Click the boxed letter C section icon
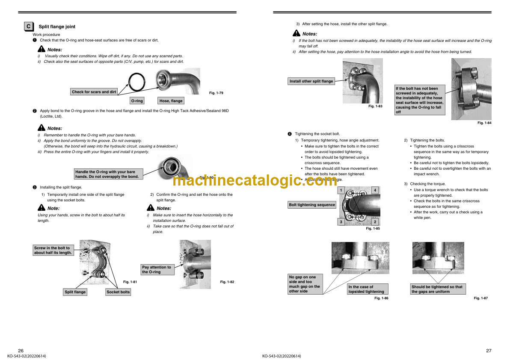(x=29, y=27)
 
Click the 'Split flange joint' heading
(x=57, y=27)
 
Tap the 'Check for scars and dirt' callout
(x=94, y=92)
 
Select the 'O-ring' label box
(x=137, y=101)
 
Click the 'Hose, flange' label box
(x=171, y=101)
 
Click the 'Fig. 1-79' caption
(x=216, y=93)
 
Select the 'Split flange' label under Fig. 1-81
(x=75, y=292)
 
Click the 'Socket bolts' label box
(x=118, y=292)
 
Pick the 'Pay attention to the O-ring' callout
(x=157, y=269)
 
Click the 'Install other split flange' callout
(x=311, y=81)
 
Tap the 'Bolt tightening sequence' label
(x=312, y=205)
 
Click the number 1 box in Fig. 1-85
(x=341, y=190)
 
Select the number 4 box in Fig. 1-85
(x=375, y=190)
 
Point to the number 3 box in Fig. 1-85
(x=341, y=222)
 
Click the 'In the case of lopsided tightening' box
(x=368, y=289)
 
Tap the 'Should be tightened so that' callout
(x=438, y=289)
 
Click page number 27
(x=489, y=351)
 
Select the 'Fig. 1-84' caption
(x=484, y=123)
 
